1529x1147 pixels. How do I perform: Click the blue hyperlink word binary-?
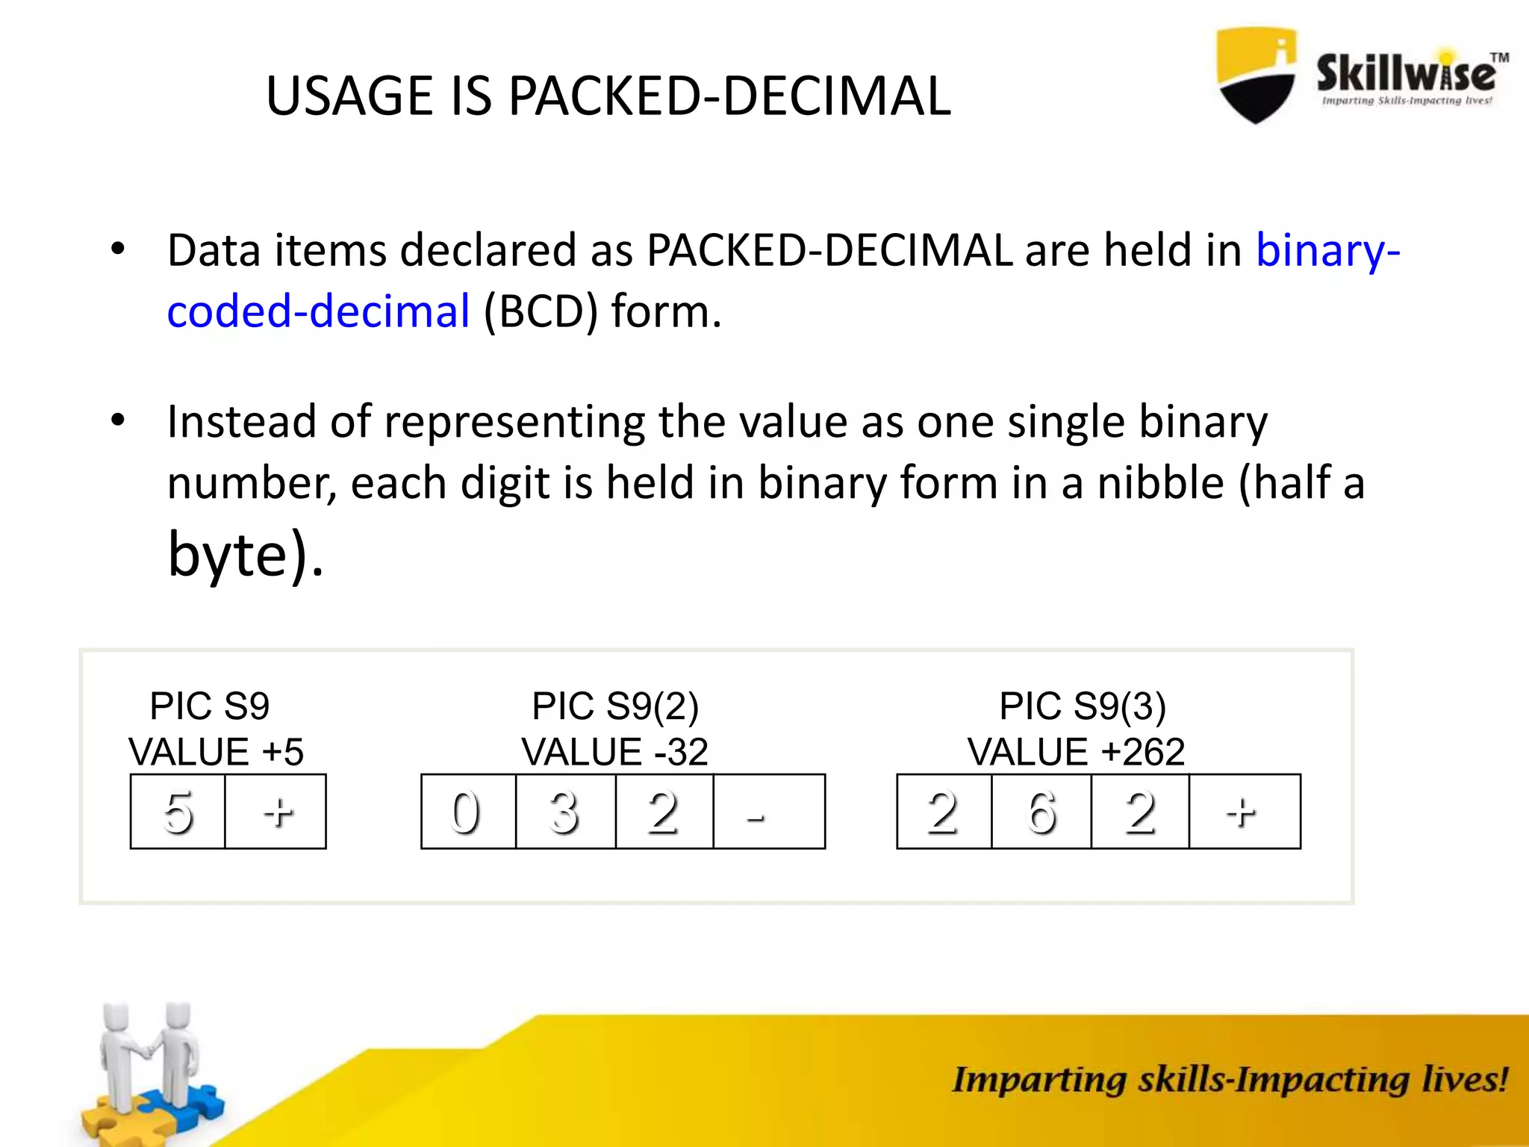(x=1327, y=250)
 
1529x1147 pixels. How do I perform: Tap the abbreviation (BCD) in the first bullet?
(x=541, y=311)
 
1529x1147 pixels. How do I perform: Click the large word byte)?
(x=246, y=554)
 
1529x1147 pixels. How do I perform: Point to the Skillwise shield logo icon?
(x=1256, y=75)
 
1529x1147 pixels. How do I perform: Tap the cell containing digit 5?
(x=178, y=812)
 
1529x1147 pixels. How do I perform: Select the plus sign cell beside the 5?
(x=275, y=812)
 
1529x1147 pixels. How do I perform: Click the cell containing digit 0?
(x=467, y=812)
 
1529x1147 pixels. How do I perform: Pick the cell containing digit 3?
(x=565, y=812)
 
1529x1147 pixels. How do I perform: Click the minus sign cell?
(x=769, y=812)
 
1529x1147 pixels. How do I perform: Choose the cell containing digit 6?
(x=1041, y=812)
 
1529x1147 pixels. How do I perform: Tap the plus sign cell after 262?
(x=1244, y=812)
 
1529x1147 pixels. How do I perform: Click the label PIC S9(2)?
(x=615, y=706)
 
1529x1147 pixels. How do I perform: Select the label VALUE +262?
(x=1076, y=752)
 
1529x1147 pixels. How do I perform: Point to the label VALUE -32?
(x=614, y=752)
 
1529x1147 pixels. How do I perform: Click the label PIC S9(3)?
(x=1083, y=706)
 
